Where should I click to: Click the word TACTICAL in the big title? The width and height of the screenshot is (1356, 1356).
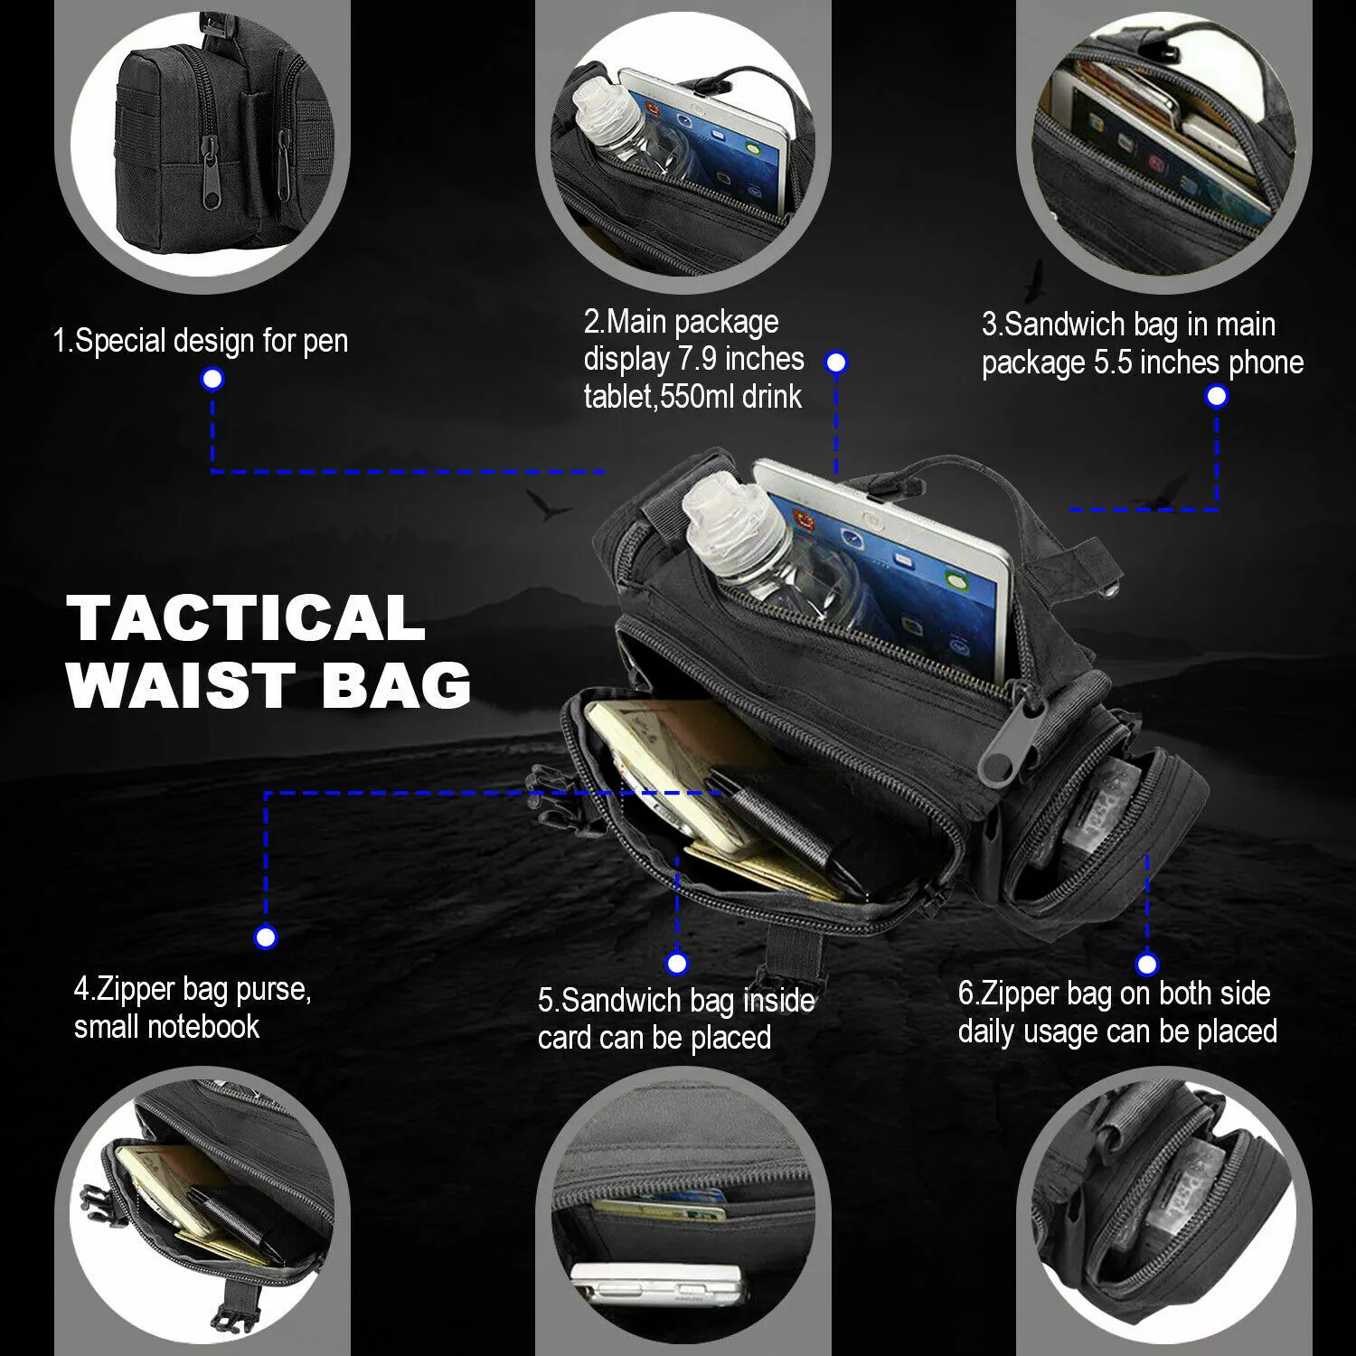(x=246, y=618)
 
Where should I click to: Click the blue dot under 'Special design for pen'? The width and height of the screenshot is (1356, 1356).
(x=212, y=379)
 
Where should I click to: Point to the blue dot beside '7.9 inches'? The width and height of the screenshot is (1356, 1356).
(x=836, y=363)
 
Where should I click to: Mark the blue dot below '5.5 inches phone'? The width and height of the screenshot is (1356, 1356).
(x=1217, y=396)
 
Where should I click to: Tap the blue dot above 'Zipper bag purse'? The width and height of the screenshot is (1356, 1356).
(x=265, y=937)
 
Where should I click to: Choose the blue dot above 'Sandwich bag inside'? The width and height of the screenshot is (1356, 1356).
(x=676, y=963)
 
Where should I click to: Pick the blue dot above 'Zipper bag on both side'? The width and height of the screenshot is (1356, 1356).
(x=1146, y=964)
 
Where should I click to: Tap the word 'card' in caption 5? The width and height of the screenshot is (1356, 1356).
(x=565, y=1038)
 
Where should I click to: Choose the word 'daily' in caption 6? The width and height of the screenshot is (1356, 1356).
(x=986, y=1031)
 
